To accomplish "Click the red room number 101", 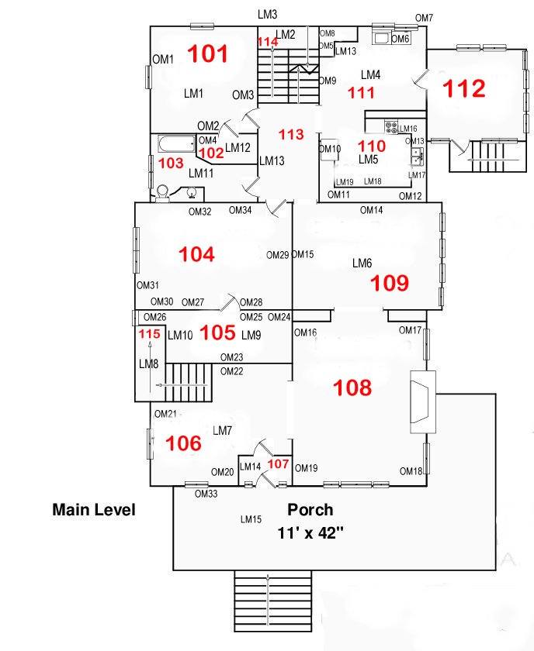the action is click(x=208, y=53).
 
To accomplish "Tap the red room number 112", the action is click(x=463, y=88).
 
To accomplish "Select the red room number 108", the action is click(x=352, y=387).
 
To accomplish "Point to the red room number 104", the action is click(x=196, y=254).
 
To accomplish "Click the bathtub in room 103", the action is click(x=177, y=144).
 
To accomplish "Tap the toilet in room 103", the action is click(x=162, y=195).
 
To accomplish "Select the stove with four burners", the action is click(x=391, y=126).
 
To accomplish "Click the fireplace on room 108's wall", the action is click(x=423, y=402).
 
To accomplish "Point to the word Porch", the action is click(x=310, y=510).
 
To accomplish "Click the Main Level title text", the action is click(x=94, y=510).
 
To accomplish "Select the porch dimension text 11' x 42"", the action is click(x=310, y=533).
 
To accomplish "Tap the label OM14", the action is click(x=371, y=210).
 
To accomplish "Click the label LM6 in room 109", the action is click(x=362, y=263).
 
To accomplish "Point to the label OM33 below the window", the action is click(x=206, y=494).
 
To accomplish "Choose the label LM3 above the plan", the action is click(x=268, y=15).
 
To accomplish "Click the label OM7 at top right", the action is click(x=425, y=18).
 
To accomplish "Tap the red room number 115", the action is click(x=149, y=334).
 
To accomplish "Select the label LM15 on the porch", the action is click(x=251, y=519).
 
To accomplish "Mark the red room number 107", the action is click(x=278, y=463).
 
